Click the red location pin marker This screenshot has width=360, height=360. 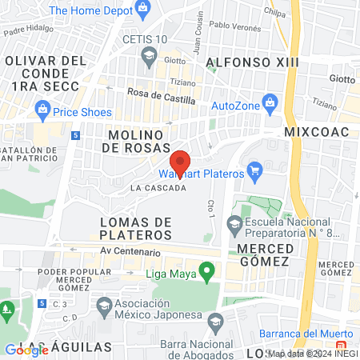click(181, 163)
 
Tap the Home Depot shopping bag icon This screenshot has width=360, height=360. click(143, 10)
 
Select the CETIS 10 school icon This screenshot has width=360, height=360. click(148, 54)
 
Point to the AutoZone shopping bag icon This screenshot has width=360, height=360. click(270, 103)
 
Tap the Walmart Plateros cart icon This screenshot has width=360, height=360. click(255, 170)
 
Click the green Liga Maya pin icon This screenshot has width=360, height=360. click(208, 273)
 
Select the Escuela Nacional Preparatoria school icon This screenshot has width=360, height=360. click(234, 222)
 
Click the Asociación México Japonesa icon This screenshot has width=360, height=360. click(104, 305)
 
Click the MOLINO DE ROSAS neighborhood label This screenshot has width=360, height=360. click(138, 141)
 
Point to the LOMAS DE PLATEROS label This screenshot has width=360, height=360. click(136, 228)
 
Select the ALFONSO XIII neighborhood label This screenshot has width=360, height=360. click(252, 62)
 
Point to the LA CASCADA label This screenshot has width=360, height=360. click(158, 188)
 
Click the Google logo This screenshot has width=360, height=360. click(26, 349)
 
